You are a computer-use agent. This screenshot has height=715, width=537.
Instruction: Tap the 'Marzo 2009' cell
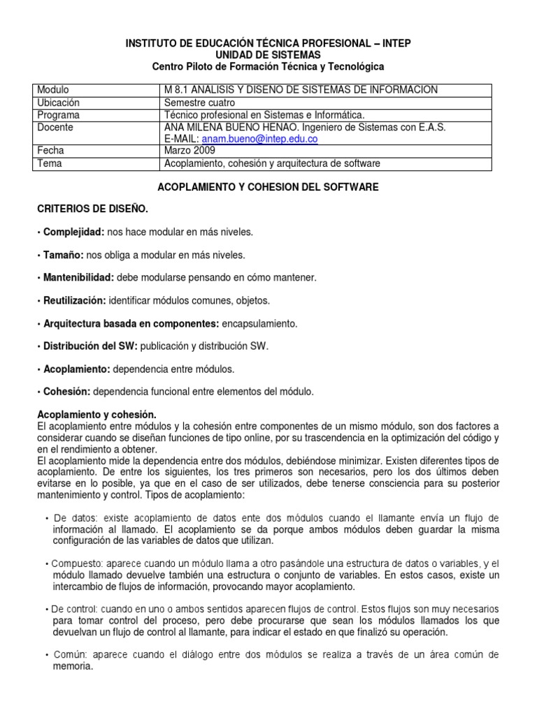click(190, 151)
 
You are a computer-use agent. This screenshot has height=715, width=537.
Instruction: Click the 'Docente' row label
click(55, 127)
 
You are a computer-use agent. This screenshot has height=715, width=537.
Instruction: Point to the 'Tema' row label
click(50, 163)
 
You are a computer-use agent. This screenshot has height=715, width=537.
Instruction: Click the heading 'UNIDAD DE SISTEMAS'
click(268, 54)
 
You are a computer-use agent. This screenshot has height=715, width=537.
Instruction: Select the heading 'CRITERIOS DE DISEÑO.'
click(92, 209)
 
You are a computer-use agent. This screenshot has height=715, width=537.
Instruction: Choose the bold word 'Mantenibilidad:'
click(78, 278)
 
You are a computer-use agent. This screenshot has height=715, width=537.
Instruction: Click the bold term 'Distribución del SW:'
click(90, 346)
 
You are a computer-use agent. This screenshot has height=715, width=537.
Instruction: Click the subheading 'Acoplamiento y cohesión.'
click(92, 414)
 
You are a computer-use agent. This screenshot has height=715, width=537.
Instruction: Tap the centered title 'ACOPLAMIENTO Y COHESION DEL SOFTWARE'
click(268, 187)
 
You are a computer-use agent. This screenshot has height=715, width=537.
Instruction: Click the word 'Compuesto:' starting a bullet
click(72, 563)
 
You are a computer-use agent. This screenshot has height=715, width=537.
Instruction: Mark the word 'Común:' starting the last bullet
click(69, 655)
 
